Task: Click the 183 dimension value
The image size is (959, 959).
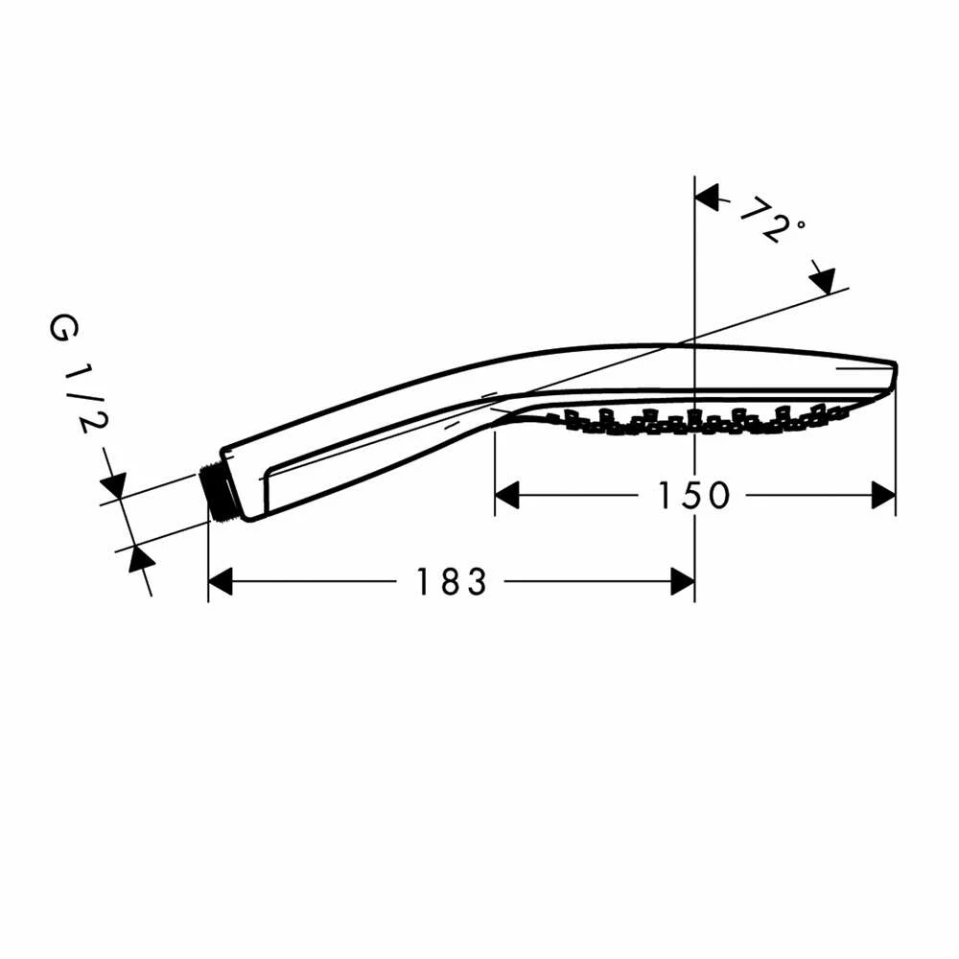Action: [451, 581]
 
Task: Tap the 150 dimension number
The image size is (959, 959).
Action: [693, 496]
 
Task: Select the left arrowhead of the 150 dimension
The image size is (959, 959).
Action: [506, 496]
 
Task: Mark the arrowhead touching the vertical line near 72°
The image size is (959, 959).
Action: [707, 199]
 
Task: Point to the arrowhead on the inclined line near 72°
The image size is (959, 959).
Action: [823, 279]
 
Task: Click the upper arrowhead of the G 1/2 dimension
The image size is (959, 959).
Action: [113, 485]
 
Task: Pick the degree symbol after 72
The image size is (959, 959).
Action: [799, 226]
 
